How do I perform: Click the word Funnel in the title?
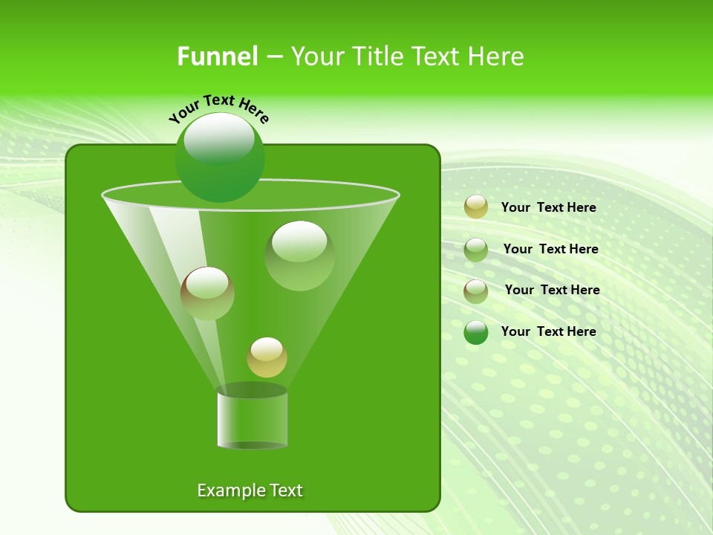pos(217,56)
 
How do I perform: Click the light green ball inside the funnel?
pos(299,256)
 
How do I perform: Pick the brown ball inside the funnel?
pos(207,294)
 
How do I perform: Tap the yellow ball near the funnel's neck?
pos(267,357)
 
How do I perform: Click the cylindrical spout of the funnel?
pos(252,420)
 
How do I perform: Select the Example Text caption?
pos(250,490)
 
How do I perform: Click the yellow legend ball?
pos(476,207)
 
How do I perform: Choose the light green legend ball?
pos(476,250)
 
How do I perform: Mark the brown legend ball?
pos(476,291)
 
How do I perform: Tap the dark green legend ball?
pos(476,332)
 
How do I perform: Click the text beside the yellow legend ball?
pos(548,207)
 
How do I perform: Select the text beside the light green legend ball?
pos(550,249)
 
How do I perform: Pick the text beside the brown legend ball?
pos(552,290)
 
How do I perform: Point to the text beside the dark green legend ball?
pos(548,331)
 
